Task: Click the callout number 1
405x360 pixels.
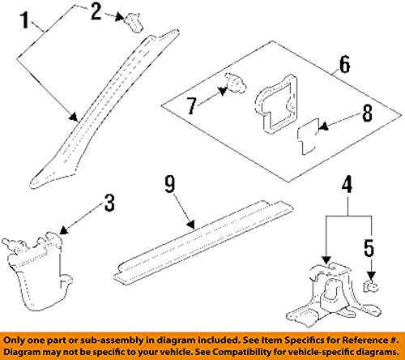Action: point(25,20)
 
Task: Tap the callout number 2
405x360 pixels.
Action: point(96,12)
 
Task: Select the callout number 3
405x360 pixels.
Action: point(109,203)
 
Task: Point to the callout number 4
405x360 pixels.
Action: point(347,185)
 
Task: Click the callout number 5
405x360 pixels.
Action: point(369,248)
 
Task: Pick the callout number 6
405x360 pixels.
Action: point(344,64)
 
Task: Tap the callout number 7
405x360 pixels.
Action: point(192,106)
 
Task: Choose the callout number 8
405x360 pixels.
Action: point(367,113)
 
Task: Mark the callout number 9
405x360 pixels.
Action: point(170,184)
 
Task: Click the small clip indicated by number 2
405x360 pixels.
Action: point(133,23)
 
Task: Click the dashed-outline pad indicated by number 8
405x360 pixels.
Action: point(308,136)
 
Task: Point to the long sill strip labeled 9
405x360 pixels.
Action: point(203,242)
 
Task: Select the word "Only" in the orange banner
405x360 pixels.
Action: point(14,341)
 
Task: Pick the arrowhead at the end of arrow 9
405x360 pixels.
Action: point(191,225)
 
